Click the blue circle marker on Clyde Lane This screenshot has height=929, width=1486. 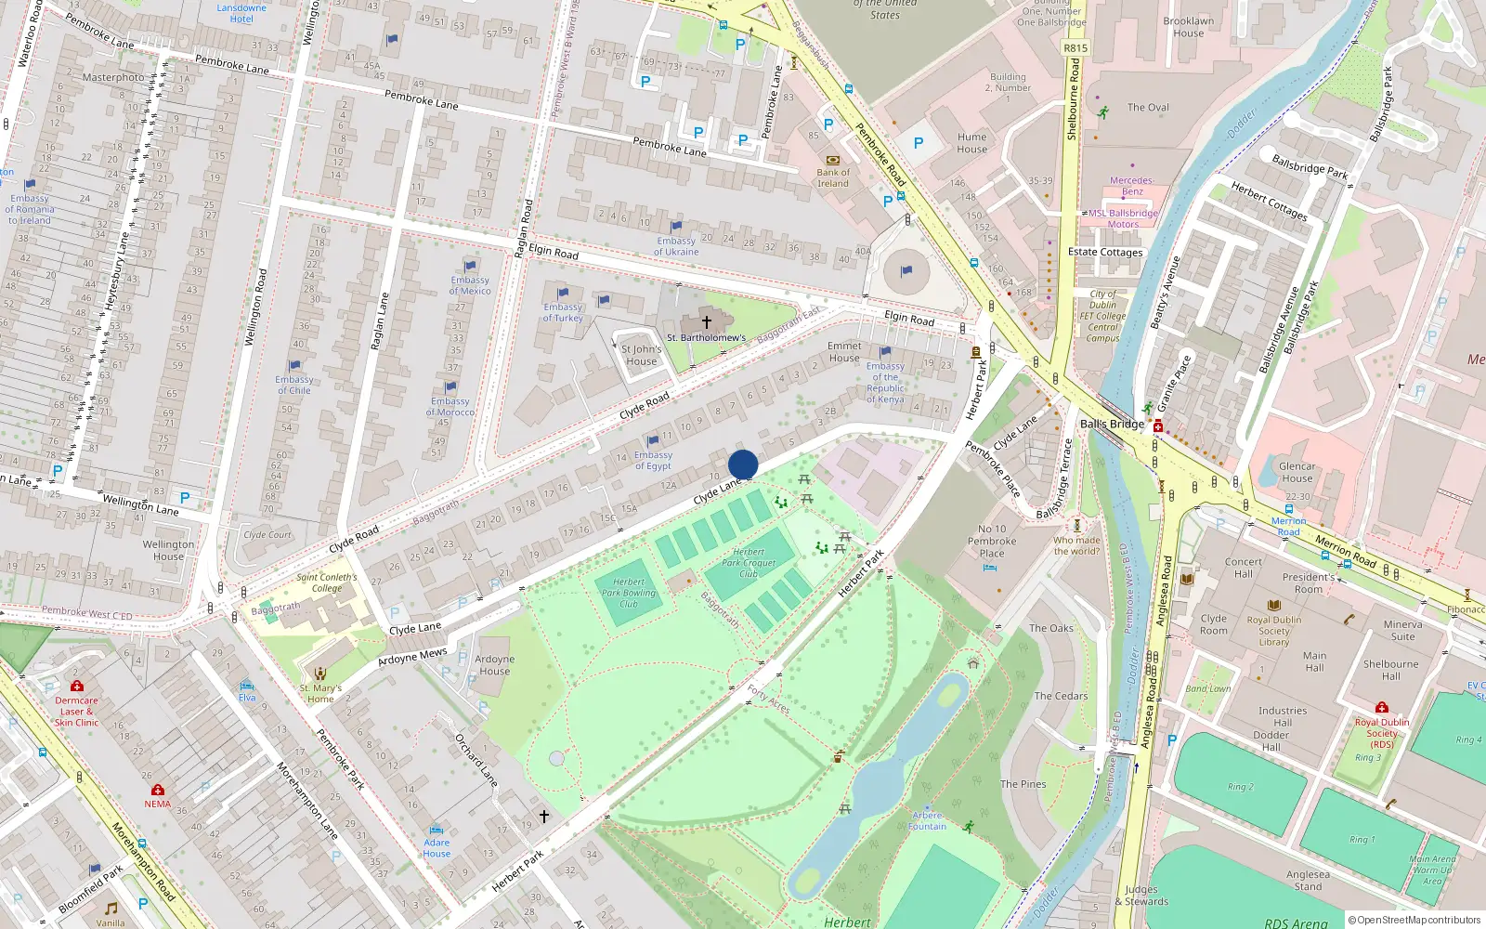pos(743,464)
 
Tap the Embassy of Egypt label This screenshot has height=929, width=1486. pos(653,460)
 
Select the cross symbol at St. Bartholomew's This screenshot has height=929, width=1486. pos(706,321)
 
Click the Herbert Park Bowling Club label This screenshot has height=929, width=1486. pos(629,593)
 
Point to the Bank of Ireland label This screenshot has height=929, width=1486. pos(833,177)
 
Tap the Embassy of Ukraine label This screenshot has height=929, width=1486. pos(676,246)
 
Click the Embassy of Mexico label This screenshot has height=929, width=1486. pos(470,285)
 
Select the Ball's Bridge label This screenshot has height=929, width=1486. pos(1112,424)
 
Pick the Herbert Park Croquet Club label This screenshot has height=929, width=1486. pos(749,562)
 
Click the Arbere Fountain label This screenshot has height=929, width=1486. pos(927,820)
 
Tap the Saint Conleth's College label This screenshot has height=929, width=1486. pos(327,582)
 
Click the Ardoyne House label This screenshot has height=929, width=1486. pos(494,664)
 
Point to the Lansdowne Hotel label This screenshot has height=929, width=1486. pos(241,13)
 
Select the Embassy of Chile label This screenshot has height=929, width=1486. pos(293,385)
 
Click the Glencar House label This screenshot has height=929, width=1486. pos(1297,472)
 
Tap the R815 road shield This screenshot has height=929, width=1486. pos(1075,48)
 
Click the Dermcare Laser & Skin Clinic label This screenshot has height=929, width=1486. pos(76,712)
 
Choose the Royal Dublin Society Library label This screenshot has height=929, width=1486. pos(1273,631)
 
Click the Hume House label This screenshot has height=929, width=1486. pos(971,142)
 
